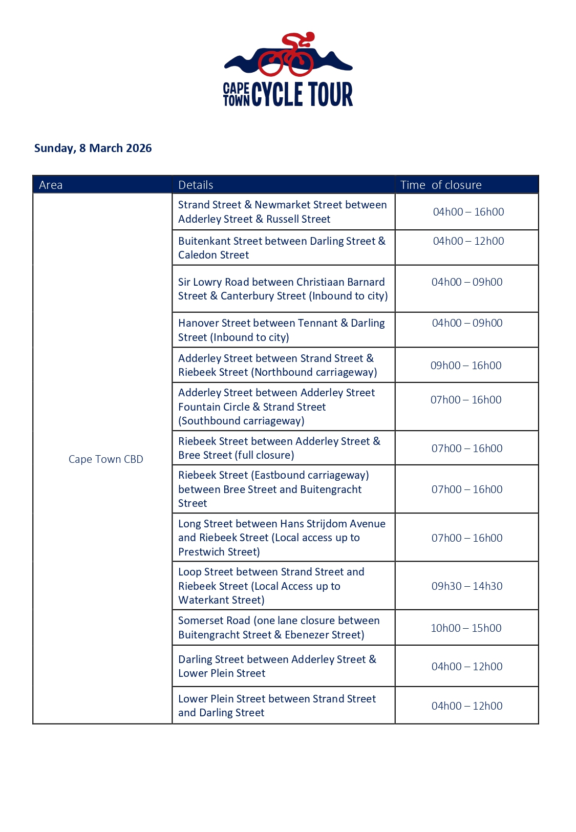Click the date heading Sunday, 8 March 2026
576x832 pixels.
[x=93, y=148]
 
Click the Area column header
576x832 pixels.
[x=51, y=185]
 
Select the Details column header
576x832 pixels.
[x=196, y=185]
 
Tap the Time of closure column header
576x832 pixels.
[x=441, y=185]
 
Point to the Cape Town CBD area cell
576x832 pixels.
[x=106, y=459]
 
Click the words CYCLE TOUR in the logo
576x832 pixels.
[x=302, y=95]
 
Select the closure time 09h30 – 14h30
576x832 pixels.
[x=467, y=586]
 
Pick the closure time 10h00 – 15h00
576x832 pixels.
[x=466, y=628]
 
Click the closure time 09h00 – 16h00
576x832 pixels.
[x=466, y=365]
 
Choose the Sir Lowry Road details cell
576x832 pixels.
[x=283, y=289]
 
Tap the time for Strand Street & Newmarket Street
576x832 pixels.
[x=468, y=211]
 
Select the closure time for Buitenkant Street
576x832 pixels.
[x=468, y=241]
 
